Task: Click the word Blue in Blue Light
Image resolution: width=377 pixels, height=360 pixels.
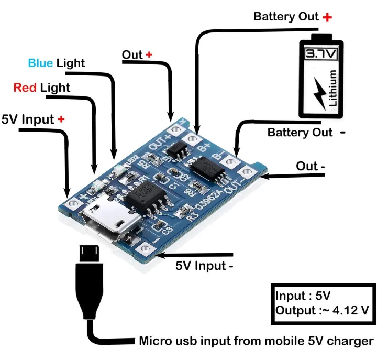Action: point(40,63)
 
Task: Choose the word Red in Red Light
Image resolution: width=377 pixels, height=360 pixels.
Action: point(25,88)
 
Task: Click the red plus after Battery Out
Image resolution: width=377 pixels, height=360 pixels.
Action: point(328,17)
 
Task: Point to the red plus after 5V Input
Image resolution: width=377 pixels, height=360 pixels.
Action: point(61,119)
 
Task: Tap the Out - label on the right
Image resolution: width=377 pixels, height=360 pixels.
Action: point(311,166)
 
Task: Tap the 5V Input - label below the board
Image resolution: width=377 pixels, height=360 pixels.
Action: point(205,266)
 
